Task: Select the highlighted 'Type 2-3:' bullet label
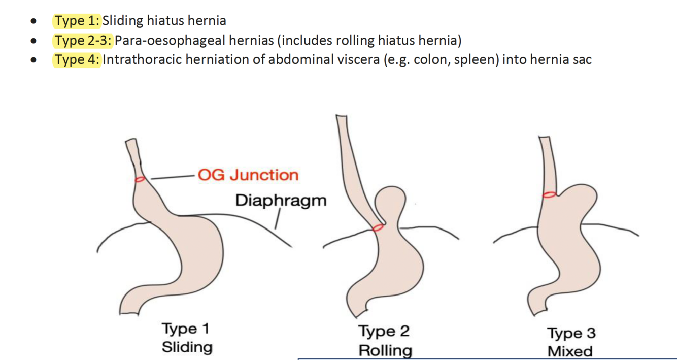coord(83,40)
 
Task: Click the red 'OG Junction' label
coord(248,175)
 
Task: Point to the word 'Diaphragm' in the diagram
coord(281,200)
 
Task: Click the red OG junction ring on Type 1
coord(140,179)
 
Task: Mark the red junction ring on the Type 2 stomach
coord(378,228)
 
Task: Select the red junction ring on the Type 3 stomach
coord(549,194)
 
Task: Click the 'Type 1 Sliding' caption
coord(186,338)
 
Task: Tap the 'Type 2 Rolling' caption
coord(384,341)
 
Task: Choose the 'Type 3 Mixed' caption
coord(570,342)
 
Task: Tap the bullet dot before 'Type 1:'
coord(33,21)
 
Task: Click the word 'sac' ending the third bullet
coord(582,59)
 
